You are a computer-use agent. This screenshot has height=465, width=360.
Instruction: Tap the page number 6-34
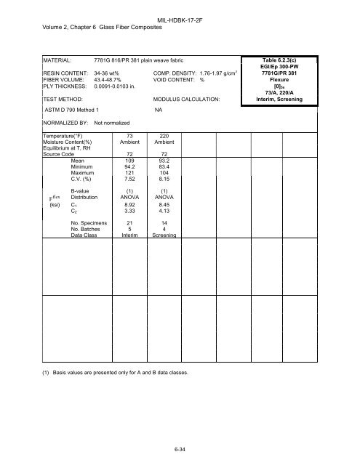pyautogui.click(x=180, y=450)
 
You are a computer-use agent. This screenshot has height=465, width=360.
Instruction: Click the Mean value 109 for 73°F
pyautogui.click(x=129, y=160)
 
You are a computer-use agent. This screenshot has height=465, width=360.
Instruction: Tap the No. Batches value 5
pyautogui.click(x=129, y=227)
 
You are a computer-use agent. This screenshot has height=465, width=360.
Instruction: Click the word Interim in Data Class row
pyautogui.click(x=129, y=234)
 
